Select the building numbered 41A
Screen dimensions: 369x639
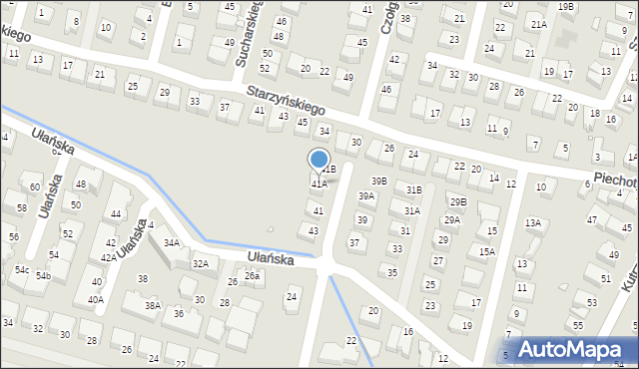pyautogui.click(x=319, y=184)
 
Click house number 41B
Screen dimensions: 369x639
pyautogui.click(x=330, y=170)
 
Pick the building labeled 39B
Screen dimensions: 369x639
pyautogui.click(x=379, y=181)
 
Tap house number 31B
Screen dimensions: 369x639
pyautogui.click(x=413, y=189)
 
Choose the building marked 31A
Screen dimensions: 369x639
pyautogui.click(x=411, y=210)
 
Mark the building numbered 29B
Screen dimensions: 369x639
pyautogui.click(x=457, y=201)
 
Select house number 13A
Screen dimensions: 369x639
pyautogui.click(x=533, y=222)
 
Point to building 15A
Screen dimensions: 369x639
pyautogui.click(x=486, y=251)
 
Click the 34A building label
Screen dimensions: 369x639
pyautogui.click(x=172, y=242)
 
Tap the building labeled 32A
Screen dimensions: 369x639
pyautogui.click(x=201, y=263)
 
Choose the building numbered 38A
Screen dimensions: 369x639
pyautogui.click(x=152, y=306)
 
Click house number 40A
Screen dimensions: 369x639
pyautogui.click(x=95, y=299)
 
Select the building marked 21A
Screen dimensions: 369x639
pyautogui.click(x=539, y=24)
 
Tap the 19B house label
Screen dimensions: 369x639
pyautogui.click(x=566, y=7)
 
